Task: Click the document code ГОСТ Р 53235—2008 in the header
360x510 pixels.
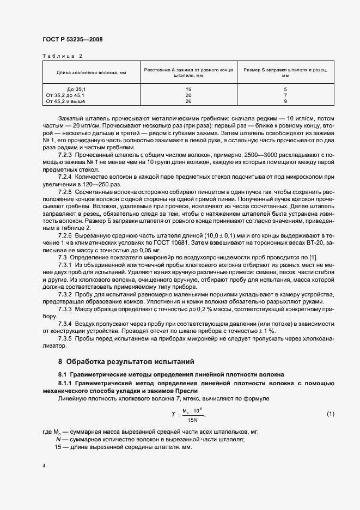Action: coord(72,39)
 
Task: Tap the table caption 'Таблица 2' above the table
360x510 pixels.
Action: coord(62,56)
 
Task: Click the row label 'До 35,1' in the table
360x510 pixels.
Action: coord(77,88)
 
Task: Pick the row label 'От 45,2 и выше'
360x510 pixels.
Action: coord(66,101)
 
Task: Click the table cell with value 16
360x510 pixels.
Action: coord(188,88)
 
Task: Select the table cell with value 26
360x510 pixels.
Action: coord(188,101)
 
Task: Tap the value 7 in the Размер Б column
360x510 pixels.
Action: coord(285,95)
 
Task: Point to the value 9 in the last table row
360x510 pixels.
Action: coord(285,101)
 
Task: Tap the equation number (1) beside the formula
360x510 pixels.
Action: coord(330,414)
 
